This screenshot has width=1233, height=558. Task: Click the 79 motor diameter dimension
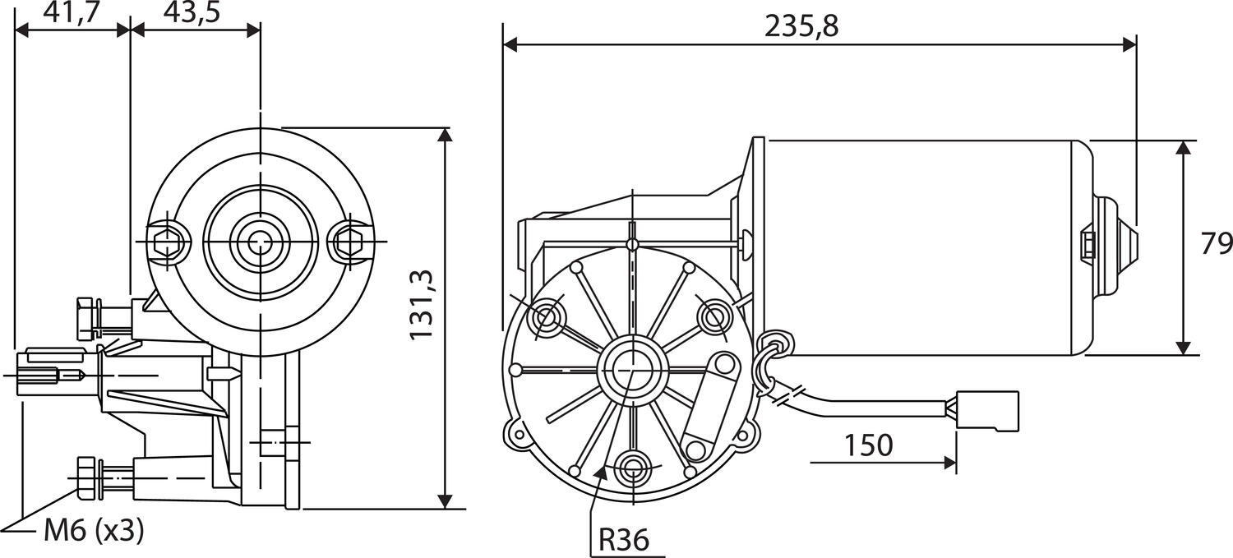tap(1215, 244)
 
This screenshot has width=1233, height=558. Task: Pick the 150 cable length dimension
tap(867, 445)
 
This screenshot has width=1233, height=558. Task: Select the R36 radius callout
tap(623, 540)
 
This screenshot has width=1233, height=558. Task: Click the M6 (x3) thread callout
tap(93, 532)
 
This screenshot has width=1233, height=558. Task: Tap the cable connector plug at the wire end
tap(989, 410)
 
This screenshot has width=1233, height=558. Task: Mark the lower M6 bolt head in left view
tap(85, 476)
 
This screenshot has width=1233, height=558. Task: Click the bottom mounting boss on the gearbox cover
tap(632, 468)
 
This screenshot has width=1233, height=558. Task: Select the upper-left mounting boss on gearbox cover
tap(546, 316)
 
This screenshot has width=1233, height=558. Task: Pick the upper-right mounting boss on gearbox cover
tap(713, 316)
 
